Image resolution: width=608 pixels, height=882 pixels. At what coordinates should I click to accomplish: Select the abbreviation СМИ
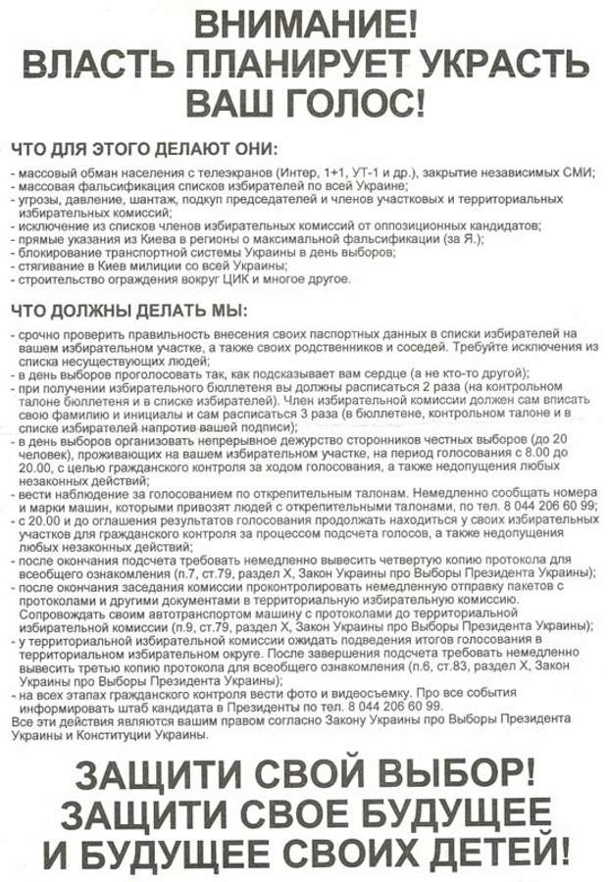pos(575,171)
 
